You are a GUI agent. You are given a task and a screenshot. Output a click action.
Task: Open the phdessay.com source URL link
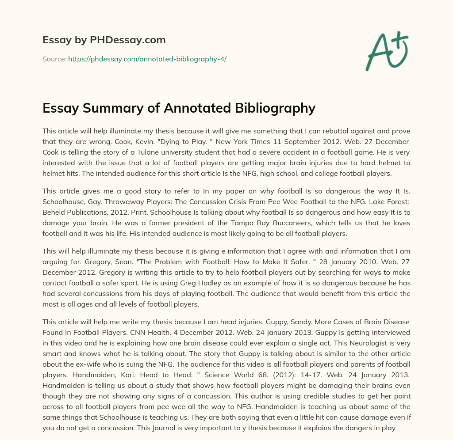point(147,59)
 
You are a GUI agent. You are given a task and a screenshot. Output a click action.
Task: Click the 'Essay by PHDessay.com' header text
point(104,40)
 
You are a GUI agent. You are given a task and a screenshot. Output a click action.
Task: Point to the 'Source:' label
point(54,59)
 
